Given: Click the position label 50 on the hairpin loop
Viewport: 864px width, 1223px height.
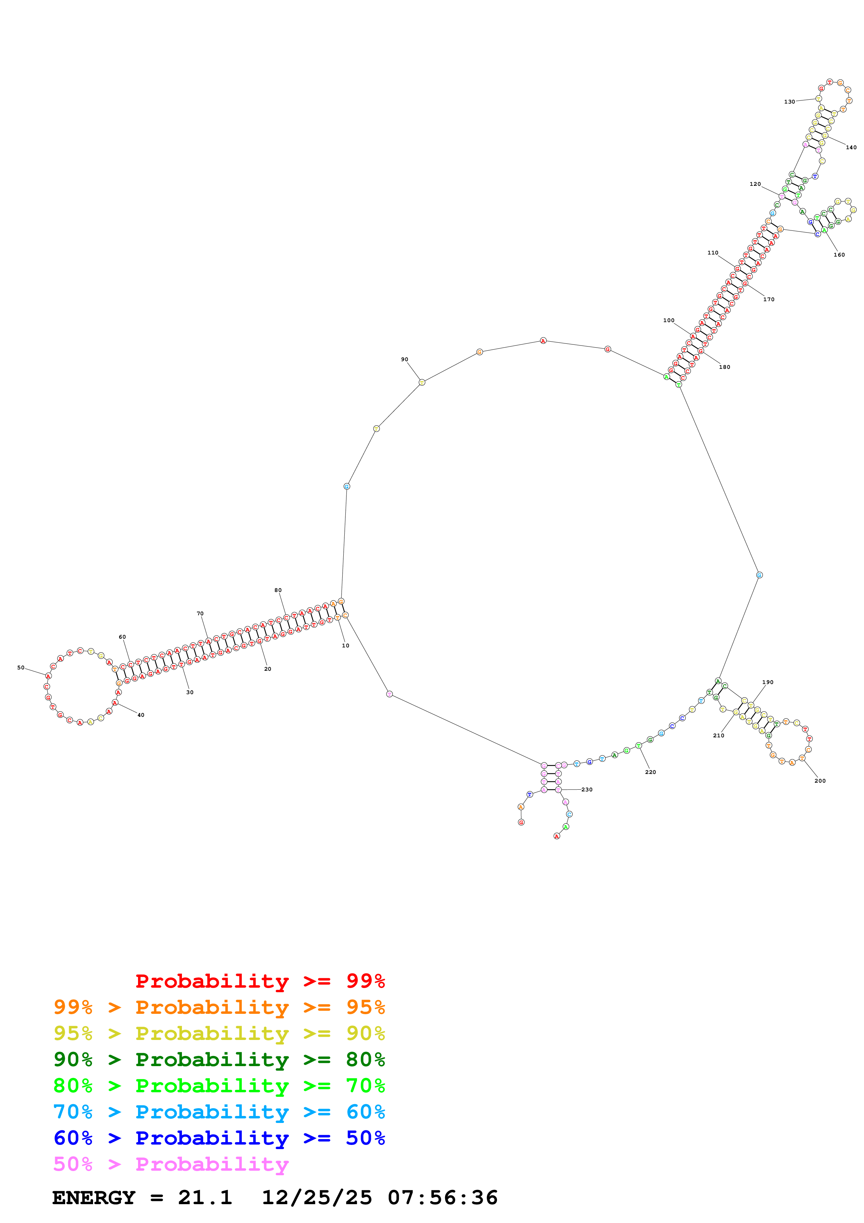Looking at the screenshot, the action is point(21,667).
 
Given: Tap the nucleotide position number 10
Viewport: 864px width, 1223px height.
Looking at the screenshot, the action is point(345,646).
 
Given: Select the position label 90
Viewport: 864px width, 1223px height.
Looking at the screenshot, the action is point(405,359).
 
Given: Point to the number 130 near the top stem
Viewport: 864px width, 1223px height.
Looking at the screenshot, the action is point(789,102).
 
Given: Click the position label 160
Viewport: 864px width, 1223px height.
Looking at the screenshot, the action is point(839,255).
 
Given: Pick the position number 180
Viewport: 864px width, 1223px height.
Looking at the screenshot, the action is point(725,367).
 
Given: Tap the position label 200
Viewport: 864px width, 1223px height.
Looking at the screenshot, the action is point(820,781).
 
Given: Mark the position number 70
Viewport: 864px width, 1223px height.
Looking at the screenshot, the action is point(200,614).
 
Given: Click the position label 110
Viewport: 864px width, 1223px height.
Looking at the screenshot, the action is point(713,253).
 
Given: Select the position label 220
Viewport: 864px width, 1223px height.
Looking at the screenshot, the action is point(651,772).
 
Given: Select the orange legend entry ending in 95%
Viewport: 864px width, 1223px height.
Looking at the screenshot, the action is point(219,1007).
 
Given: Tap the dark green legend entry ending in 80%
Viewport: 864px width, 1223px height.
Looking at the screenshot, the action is point(219,1059).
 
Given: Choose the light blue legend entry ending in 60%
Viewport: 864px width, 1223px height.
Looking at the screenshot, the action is point(219,1112).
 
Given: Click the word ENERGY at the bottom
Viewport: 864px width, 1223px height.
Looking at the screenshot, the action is point(94,1198).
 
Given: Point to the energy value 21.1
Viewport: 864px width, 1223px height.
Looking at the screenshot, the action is point(205,1198).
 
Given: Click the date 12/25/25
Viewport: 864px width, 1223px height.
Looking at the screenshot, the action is point(317,1198).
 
